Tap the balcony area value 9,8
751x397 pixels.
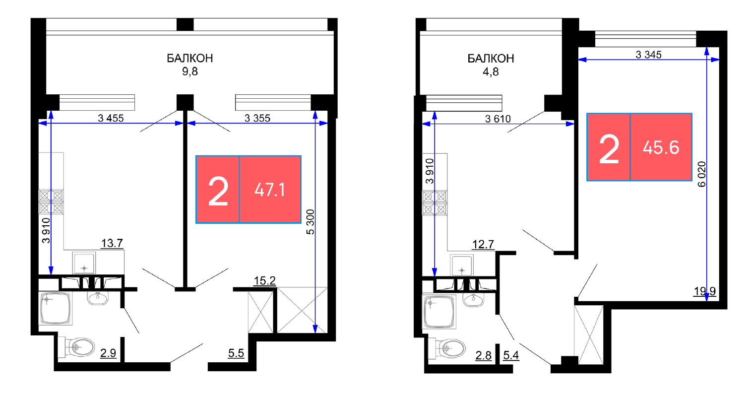pyautogui.click(x=190, y=71)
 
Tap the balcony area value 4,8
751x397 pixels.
pyautogui.click(x=491, y=72)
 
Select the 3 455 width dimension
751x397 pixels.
pyautogui.click(x=111, y=118)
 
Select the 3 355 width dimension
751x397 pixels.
pyautogui.click(x=257, y=118)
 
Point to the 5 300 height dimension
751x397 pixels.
pyautogui.click(x=311, y=222)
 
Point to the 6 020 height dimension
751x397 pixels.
pyautogui.click(x=701, y=174)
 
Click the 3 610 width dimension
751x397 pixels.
pyautogui.click(x=498, y=119)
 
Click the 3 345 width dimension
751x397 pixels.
pyautogui.click(x=648, y=55)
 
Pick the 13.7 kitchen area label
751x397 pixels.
pyautogui.click(x=112, y=243)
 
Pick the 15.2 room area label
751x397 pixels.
pyautogui.click(x=264, y=281)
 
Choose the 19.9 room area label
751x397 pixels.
pyautogui.click(x=705, y=291)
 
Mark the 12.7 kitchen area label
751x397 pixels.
pyautogui.click(x=483, y=245)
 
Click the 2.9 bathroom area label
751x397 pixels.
pyautogui.click(x=108, y=353)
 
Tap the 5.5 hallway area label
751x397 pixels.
pyautogui.click(x=236, y=353)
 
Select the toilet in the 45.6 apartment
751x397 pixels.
pyautogui.click(x=447, y=348)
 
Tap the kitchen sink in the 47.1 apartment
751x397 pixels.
pyautogui.click(x=84, y=263)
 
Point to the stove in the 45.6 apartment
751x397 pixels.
pyautogui.click(x=435, y=203)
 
